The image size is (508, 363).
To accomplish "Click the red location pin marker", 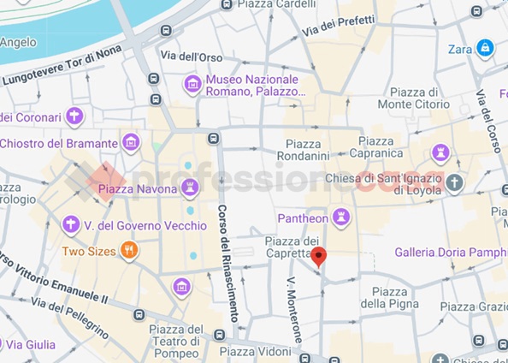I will coord(318,256).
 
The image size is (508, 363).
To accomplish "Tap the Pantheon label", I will coord(303,217).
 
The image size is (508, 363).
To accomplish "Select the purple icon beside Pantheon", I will coord(342,217).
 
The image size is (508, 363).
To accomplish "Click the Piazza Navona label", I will coord(137,187).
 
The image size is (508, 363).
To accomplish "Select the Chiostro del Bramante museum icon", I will coord(131,142).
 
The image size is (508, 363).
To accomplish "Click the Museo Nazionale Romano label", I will coord(255,85).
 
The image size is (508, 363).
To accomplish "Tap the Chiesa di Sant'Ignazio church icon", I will coord(455,182).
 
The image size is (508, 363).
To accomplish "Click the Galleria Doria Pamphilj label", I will coord(450,252).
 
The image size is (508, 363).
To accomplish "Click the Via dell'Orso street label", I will coord(192,56).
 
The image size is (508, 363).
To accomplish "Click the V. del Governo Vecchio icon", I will coord(72,225).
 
